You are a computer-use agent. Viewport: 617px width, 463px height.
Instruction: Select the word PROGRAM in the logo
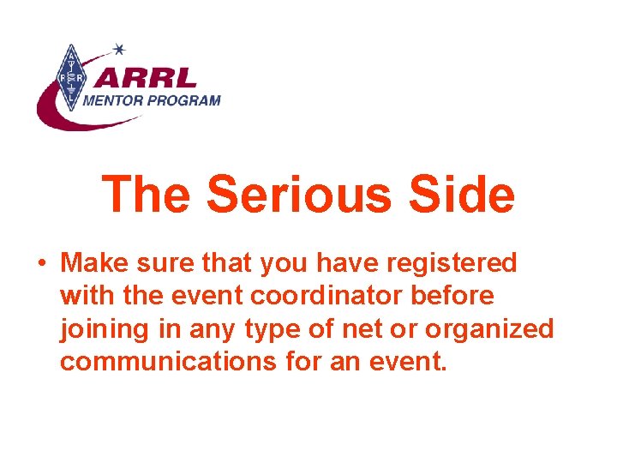point(188,99)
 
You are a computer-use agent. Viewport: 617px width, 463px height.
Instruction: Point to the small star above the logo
point(119,48)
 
